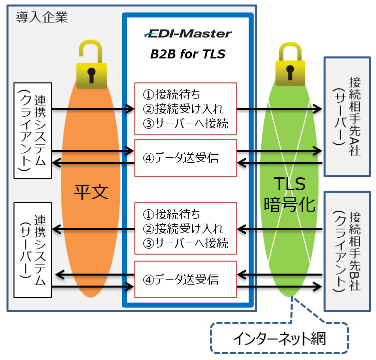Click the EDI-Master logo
[188, 33]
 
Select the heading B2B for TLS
[188, 54]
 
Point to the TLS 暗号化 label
[291, 195]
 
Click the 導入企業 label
[41, 17]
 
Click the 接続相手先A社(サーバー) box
[348, 116]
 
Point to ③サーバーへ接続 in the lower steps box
[186, 243]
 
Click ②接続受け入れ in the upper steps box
[183, 108]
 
